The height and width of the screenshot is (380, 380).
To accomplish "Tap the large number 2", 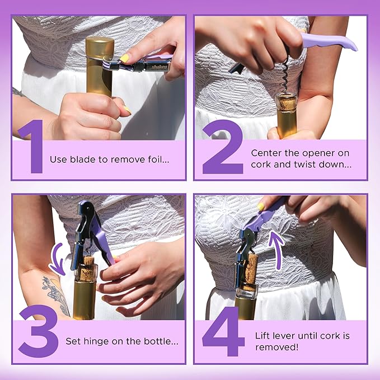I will (x=222, y=147).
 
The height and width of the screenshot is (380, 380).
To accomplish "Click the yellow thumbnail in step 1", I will (x=125, y=58).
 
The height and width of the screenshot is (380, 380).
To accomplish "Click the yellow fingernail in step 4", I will (x=261, y=207).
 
